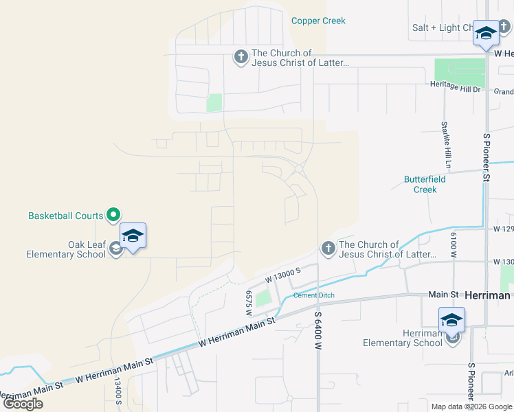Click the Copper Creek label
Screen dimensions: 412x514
coord(318,21)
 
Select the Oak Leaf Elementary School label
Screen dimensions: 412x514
coord(66,249)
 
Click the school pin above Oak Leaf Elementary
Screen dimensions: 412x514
coord(133,237)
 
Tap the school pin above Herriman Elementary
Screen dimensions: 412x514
coord(452,321)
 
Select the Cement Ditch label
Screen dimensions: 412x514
coord(314,296)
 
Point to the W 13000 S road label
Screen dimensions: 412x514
coord(283,276)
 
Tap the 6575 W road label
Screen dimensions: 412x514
coord(249,302)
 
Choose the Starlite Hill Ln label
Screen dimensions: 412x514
coord(446,145)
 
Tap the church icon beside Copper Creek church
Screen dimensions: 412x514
coord(241,57)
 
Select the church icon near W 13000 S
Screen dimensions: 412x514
coord(328,249)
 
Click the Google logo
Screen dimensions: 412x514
coord(23,404)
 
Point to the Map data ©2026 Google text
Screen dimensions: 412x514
coord(471,407)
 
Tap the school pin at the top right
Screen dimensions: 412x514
coord(486,33)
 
